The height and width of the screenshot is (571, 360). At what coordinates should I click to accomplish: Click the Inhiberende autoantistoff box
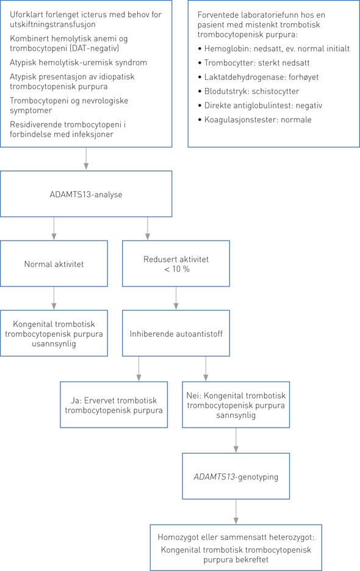point(176,333)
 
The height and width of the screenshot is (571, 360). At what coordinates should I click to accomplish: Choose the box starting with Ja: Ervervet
point(114,405)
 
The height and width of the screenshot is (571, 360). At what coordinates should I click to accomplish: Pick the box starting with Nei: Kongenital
point(236,405)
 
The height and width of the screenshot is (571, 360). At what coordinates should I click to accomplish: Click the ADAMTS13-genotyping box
point(236,476)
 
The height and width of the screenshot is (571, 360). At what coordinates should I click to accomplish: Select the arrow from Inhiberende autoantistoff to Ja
point(140,369)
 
